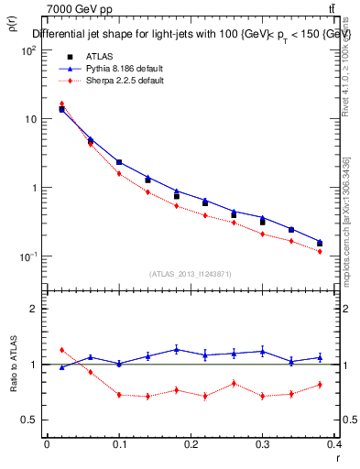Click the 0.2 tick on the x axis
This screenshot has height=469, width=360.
pyautogui.click(x=191, y=444)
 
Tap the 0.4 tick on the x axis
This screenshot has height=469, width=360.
pyautogui.click(x=336, y=444)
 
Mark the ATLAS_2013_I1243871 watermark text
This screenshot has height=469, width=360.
pyautogui.click(x=191, y=274)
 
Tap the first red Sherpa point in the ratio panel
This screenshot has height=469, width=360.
pyautogui.click(x=61, y=350)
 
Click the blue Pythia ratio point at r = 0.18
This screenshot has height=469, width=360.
pyautogui.click(x=177, y=349)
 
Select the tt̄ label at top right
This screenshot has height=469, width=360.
pyautogui.click(x=343, y=9)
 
